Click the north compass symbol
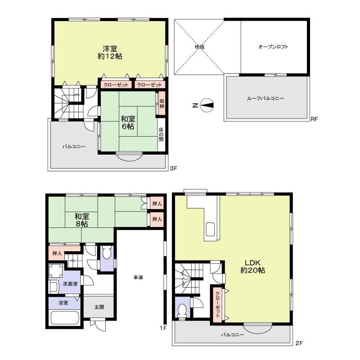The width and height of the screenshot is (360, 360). click(207, 105)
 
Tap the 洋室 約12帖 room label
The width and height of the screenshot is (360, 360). click(110, 52)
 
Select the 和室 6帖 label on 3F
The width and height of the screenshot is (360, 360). click(128, 122)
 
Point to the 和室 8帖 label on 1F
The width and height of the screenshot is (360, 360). click(82, 220)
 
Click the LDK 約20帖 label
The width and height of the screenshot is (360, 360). click(252, 266)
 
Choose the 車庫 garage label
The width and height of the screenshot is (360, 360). click(138, 278)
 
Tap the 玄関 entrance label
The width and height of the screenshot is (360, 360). click(99, 307)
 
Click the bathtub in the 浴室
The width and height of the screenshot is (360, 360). click(65, 318)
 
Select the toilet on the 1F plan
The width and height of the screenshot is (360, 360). click(107, 254)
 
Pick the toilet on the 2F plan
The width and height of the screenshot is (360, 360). click(182, 310)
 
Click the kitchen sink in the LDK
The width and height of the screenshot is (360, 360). click(210, 229)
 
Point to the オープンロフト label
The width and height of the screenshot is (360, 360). click(273, 47)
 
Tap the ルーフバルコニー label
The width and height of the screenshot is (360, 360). click(265, 98)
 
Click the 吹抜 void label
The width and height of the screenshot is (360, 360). click(199, 47)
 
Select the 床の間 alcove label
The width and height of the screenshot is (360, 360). click(161, 135)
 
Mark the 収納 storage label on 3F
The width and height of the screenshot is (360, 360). click(162, 103)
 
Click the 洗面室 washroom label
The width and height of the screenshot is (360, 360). click(71, 284)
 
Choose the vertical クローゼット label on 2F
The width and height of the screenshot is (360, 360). click(217, 304)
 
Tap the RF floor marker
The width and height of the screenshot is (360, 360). click(315, 119)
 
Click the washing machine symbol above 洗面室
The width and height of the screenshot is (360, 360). click(56, 270)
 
